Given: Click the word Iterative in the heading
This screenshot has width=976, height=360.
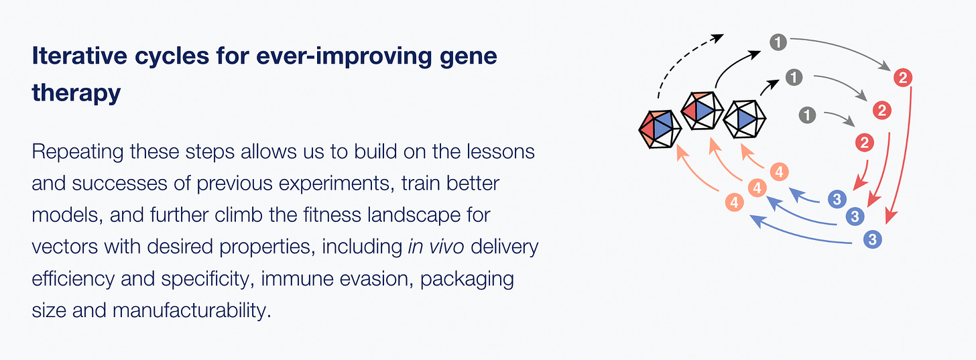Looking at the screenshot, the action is (x=79, y=56).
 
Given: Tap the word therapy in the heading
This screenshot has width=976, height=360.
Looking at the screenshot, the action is (x=76, y=93).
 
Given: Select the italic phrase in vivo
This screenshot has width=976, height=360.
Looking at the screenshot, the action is (x=436, y=247).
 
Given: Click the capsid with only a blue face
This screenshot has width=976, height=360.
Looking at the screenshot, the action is (x=744, y=119).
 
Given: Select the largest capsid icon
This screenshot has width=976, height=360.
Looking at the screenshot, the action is (x=660, y=129).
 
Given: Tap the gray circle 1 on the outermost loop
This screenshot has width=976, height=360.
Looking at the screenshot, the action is (x=778, y=42).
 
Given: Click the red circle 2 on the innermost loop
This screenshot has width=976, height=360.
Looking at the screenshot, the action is (x=865, y=143).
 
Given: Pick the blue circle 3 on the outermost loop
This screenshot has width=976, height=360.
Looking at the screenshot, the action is (x=872, y=239).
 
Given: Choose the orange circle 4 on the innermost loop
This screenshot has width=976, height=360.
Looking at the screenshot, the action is (x=779, y=172).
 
